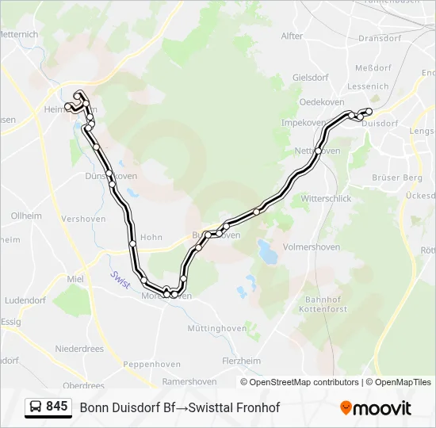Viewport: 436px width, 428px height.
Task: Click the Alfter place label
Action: point(292,36)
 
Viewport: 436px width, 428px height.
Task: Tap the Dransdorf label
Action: point(381,37)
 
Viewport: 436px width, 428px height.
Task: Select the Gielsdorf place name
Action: point(310,78)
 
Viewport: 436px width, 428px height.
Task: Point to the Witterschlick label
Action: point(326,198)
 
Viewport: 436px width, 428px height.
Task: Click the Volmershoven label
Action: point(311,247)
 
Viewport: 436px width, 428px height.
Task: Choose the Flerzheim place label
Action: point(241,361)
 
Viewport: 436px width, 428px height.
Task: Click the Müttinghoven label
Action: point(217,327)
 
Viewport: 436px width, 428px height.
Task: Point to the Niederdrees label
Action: point(79,349)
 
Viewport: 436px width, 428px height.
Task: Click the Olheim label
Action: point(26,216)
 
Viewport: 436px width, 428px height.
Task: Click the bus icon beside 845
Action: point(35,407)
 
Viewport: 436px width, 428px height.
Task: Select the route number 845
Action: point(57,407)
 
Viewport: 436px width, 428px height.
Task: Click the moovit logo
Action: point(376,408)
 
